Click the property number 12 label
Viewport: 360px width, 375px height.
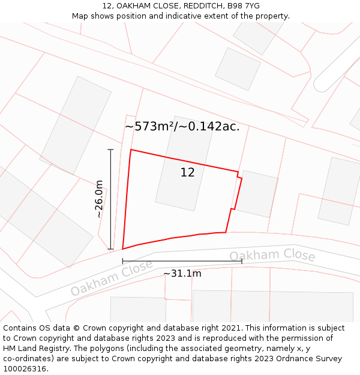point(187,173)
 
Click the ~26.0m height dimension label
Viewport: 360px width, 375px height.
point(99,199)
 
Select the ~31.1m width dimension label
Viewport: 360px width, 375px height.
point(182,274)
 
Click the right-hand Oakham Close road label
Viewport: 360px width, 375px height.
point(272,255)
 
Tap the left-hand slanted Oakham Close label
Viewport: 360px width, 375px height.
point(112,278)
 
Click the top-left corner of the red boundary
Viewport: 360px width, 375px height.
point(131,149)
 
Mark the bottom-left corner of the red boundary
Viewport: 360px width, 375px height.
point(123,248)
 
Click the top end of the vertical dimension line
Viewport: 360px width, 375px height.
point(110,149)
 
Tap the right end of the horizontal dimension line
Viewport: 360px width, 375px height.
point(242,261)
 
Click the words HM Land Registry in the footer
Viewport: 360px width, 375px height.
point(35,349)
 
